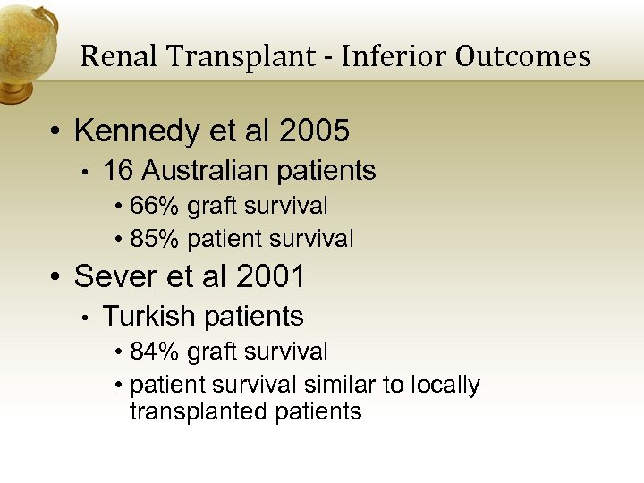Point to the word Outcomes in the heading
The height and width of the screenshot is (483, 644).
[x=522, y=56]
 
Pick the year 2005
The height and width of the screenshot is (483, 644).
[x=314, y=131]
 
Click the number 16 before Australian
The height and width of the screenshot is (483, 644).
[x=117, y=170]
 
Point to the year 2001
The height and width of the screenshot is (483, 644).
[x=270, y=277]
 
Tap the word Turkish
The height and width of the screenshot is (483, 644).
[x=149, y=317]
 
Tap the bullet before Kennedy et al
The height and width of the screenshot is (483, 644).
[x=55, y=132]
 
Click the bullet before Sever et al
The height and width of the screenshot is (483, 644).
[x=55, y=278]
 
